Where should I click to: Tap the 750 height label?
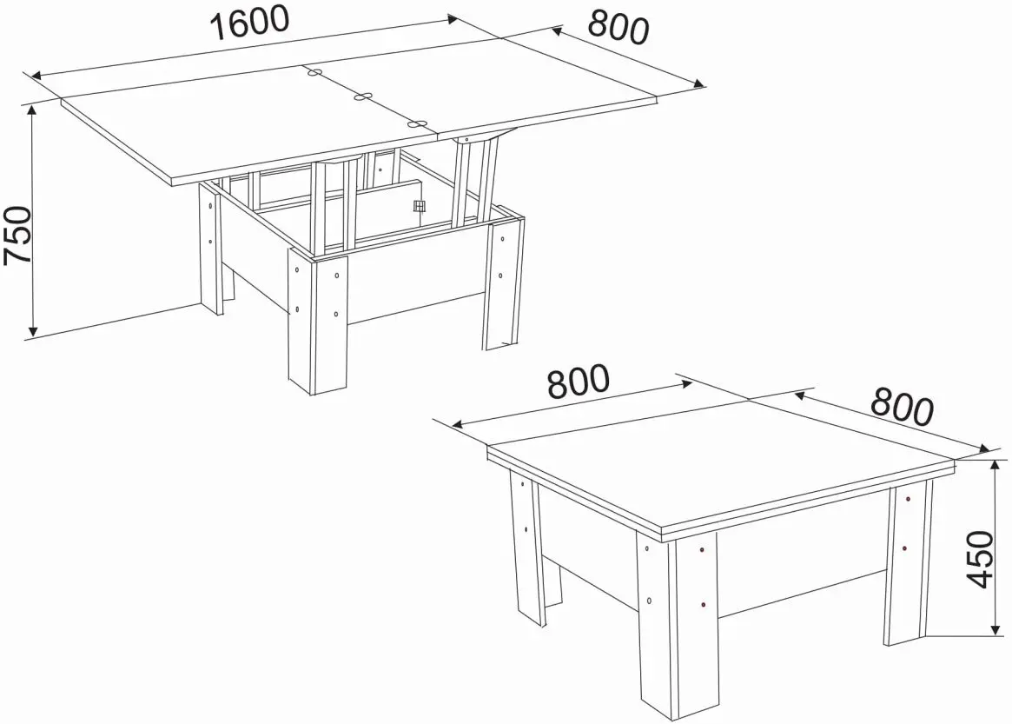(17, 235)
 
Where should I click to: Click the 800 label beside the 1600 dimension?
(618, 29)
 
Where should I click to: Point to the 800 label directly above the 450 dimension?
(902, 407)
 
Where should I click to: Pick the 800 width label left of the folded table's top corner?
(578, 381)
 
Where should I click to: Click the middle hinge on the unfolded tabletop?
(364, 97)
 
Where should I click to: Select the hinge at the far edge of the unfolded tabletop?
(315, 71)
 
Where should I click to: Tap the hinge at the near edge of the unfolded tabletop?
(418, 123)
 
